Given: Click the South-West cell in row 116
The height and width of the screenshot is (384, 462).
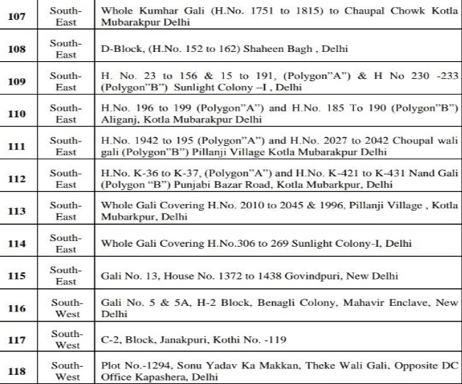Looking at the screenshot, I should [x=65, y=307].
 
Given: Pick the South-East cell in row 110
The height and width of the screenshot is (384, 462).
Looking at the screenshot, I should [x=65, y=114].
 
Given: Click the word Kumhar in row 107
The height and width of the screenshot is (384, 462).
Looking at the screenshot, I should [x=154, y=11].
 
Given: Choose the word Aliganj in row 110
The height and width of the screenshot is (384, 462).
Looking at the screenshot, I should [x=119, y=120].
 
